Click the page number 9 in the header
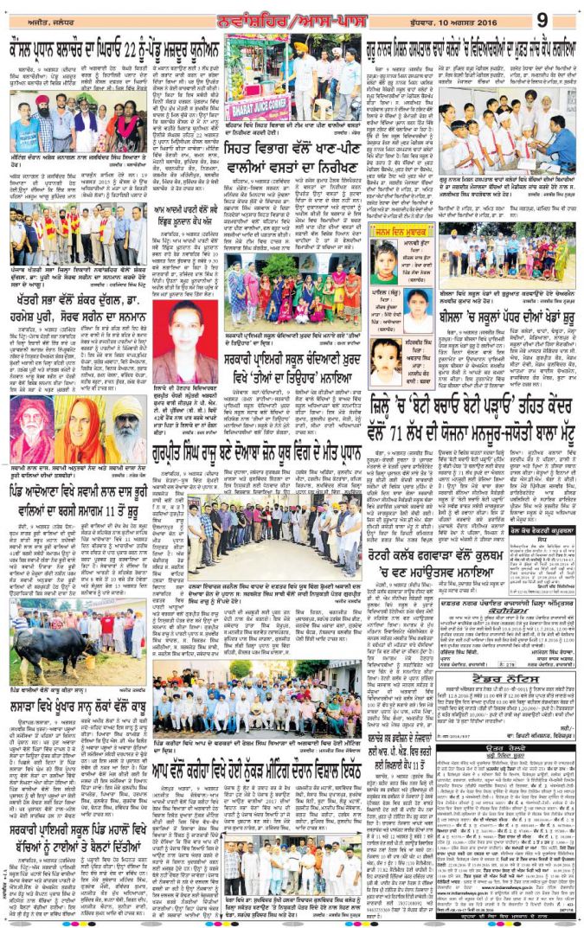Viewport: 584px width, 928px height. point(566,17)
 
